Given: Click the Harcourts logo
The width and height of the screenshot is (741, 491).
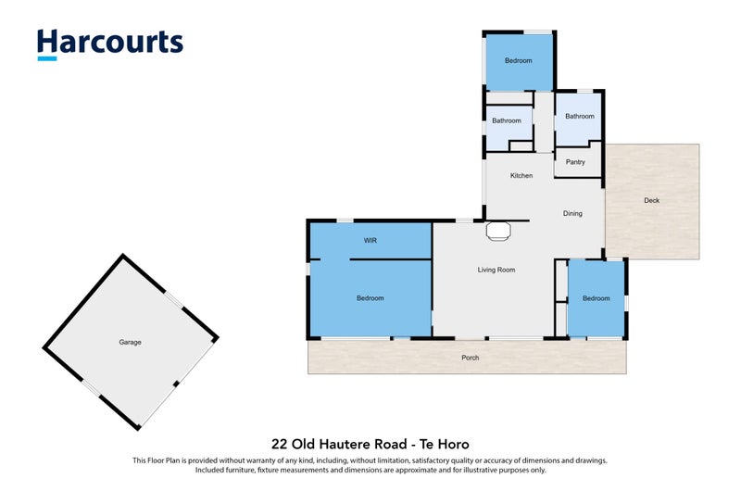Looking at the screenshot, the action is [x=110, y=44].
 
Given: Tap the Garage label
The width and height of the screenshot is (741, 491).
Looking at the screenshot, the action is [x=130, y=342].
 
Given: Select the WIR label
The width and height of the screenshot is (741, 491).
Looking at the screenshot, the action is [x=370, y=241].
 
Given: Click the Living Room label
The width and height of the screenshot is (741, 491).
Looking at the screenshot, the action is [x=496, y=270].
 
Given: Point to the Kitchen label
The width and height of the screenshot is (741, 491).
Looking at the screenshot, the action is [x=521, y=175].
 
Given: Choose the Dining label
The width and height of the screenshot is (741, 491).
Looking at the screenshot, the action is [x=572, y=214].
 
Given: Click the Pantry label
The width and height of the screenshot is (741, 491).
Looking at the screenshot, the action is [x=575, y=162].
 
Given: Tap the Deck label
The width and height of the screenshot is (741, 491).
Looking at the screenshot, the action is [x=652, y=200].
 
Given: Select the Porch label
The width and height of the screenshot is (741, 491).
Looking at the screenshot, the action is [x=471, y=358].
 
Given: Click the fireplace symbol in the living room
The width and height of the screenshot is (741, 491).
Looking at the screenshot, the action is [x=498, y=231].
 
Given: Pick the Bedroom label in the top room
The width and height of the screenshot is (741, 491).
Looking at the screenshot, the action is [x=519, y=60].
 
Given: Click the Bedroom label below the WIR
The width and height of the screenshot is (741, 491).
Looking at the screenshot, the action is [x=370, y=298].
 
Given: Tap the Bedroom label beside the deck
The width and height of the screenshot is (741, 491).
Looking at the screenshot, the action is [x=596, y=298].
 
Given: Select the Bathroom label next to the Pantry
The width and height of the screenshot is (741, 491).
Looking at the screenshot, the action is [x=580, y=116].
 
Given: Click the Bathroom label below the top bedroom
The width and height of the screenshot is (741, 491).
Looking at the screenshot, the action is [x=507, y=120].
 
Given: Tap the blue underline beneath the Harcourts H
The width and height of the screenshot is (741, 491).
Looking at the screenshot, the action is [x=47, y=59].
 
